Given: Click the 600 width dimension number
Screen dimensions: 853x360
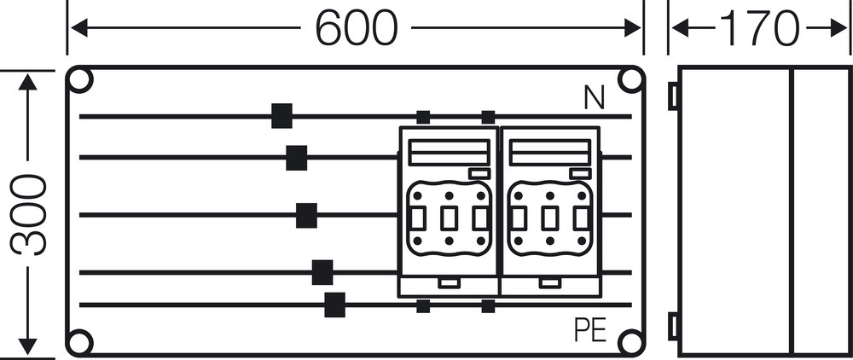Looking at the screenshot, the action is (357, 28).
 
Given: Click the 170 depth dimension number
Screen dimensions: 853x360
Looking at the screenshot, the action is (759, 28).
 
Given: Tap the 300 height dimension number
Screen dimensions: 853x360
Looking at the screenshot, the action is (28, 214).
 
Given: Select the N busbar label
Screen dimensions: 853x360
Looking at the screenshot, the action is (594, 98).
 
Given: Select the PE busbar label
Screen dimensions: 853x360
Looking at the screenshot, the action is (591, 329).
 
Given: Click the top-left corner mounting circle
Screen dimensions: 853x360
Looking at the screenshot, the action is (79, 80).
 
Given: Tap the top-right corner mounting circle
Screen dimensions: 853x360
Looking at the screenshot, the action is (630, 80).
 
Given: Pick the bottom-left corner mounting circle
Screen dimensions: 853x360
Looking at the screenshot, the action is (79, 342).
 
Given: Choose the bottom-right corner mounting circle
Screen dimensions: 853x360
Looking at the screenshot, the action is (630, 342).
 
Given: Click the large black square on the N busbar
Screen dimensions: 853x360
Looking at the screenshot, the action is (281, 116).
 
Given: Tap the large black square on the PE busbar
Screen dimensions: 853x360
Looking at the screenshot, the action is (334, 305).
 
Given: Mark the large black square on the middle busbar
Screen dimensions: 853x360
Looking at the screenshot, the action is (306, 215).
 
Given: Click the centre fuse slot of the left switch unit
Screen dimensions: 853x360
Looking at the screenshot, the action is (449, 218).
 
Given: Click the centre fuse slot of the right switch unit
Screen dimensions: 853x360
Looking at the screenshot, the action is (549, 218).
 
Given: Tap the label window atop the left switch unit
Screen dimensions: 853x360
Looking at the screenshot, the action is (450, 152).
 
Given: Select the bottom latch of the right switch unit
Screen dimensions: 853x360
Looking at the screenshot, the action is (550, 282).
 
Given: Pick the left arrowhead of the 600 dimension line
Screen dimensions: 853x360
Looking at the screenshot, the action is (79, 28).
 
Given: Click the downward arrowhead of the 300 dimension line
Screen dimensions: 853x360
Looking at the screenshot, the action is (27, 345).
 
